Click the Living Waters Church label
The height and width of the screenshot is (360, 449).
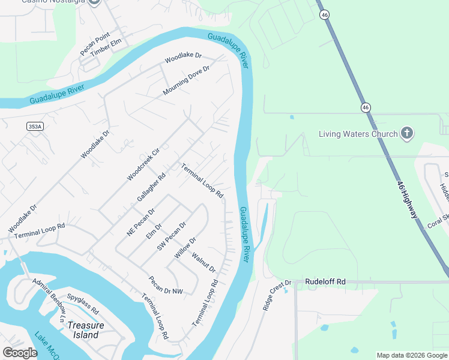click(x=358, y=134)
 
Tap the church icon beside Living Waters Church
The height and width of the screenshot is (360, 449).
click(x=407, y=133)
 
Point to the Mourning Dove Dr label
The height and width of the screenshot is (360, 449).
click(x=187, y=81)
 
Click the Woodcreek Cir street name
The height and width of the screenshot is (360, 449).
click(x=143, y=164)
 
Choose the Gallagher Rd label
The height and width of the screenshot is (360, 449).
click(x=151, y=188)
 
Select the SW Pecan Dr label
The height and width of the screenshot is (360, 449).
click(x=172, y=236)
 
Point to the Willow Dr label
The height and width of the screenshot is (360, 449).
click(x=185, y=248)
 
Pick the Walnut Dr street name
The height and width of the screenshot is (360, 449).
click(x=203, y=262)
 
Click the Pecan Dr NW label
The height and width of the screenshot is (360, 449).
click(x=166, y=285)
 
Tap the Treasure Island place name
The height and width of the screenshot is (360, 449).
click(x=86, y=331)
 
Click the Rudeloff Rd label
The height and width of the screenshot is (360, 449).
click(x=325, y=281)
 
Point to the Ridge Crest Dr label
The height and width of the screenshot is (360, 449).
click(x=276, y=295)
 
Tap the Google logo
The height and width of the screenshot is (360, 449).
click(x=20, y=353)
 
